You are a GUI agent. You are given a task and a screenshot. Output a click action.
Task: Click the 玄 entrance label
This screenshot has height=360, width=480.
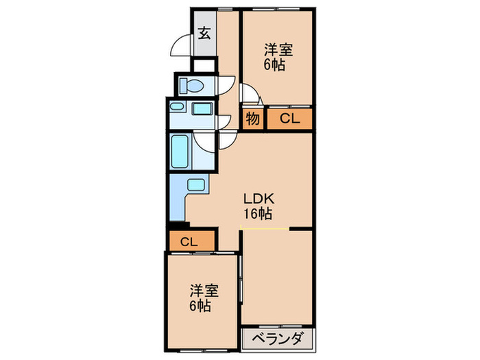(x=204, y=33)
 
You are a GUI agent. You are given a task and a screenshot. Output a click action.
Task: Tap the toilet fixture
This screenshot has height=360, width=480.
(x=191, y=86)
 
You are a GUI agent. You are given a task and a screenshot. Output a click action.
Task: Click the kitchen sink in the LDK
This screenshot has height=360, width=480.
(x=195, y=184)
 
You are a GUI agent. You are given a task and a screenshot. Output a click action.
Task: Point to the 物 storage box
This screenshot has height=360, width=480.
(x=252, y=119)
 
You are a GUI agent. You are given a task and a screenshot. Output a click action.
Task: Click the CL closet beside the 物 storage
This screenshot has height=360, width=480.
(x=289, y=119)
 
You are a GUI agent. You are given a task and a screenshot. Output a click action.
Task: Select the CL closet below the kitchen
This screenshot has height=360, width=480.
(x=189, y=241)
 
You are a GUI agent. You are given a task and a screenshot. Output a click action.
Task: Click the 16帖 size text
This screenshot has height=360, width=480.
(x=257, y=214)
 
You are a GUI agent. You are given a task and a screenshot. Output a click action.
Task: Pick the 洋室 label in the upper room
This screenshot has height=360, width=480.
(x=279, y=50)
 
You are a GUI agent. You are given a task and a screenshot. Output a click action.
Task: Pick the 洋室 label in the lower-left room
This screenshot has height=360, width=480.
(x=204, y=290)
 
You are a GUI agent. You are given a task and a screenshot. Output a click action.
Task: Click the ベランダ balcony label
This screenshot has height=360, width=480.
(x=277, y=339)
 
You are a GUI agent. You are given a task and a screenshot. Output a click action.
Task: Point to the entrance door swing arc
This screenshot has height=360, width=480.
(x=180, y=46)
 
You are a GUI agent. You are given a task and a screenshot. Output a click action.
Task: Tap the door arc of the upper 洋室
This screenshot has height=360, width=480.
(x=250, y=95)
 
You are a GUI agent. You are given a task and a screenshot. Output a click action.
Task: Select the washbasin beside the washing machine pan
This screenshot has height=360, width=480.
(x=201, y=108)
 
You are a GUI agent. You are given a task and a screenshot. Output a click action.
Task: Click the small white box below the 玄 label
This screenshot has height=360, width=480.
(x=204, y=66)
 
